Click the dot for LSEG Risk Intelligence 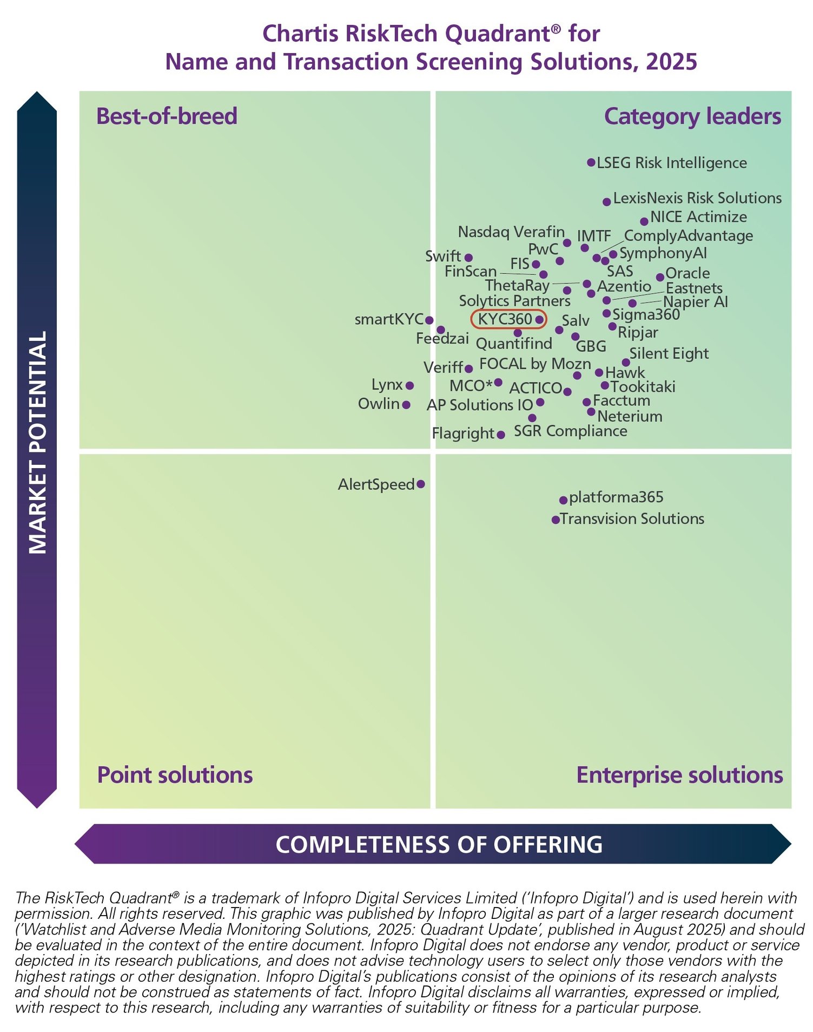tap(591, 162)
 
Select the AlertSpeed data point tap(421, 484)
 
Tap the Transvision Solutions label tap(632, 518)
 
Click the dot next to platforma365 tap(563, 500)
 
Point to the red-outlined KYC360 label tap(505, 319)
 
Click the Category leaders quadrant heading tap(692, 116)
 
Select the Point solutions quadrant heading tap(175, 774)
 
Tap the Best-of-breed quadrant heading tap(167, 116)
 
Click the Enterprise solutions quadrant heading tap(679, 774)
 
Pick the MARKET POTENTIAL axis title tap(37, 443)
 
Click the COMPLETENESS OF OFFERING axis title tap(439, 844)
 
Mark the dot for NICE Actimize tap(644, 221)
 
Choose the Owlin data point tap(406, 405)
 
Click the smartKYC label tap(389, 319)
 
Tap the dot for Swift tap(468, 258)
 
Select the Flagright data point tap(501, 435)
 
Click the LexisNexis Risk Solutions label tap(697, 198)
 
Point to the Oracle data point tap(660, 277)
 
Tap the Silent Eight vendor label tap(669, 353)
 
